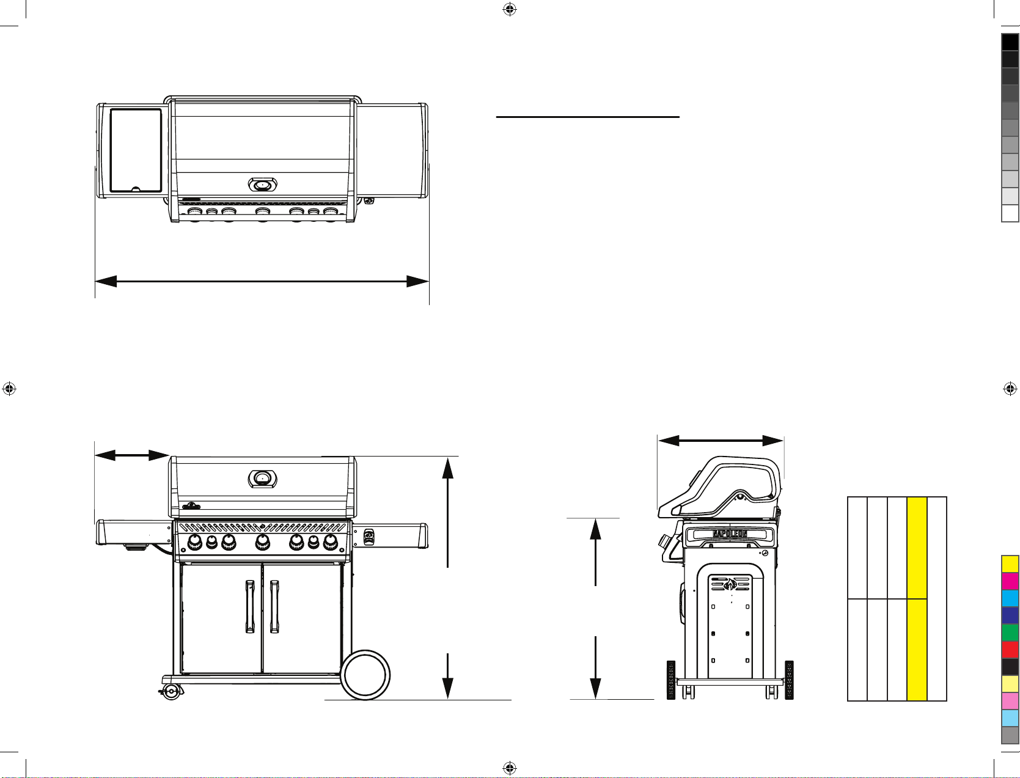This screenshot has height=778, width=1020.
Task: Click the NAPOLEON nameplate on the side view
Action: pos(730,534)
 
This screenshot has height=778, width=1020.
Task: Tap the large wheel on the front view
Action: pos(365,675)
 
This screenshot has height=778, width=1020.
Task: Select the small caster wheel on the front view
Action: pos(172,692)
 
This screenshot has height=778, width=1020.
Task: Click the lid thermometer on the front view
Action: pos(263,479)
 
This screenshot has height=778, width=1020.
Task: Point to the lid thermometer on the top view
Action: pos(263,185)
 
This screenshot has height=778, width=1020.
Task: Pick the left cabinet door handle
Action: pos(250,606)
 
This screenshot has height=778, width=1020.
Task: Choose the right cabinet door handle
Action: pos(274,606)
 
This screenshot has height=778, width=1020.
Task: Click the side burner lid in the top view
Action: pos(136,150)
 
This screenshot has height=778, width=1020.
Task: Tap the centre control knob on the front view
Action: pos(263,541)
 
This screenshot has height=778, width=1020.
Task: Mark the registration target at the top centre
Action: pos(510,9)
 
